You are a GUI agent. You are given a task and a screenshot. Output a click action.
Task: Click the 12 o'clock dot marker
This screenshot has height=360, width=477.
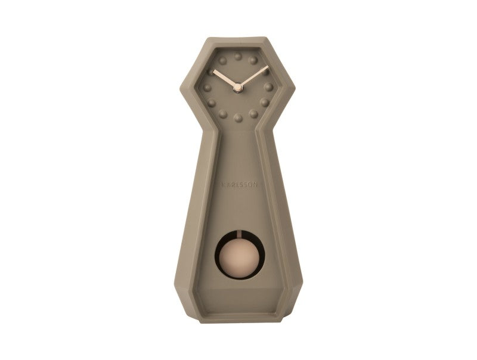[x=238, y=57]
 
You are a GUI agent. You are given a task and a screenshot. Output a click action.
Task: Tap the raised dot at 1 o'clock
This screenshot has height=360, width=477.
[x=253, y=61]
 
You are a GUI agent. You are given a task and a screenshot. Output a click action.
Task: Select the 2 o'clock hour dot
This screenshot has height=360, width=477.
[x=265, y=72]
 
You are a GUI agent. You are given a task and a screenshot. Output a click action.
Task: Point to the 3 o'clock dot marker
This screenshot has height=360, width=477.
[x=269, y=87]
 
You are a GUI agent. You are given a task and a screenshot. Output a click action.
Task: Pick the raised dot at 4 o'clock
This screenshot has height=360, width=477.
[x=265, y=102]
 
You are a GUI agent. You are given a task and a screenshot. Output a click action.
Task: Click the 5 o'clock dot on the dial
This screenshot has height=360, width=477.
[x=253, y=113]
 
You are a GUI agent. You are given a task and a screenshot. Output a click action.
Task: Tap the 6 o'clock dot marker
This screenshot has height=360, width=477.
[x=238, y=117]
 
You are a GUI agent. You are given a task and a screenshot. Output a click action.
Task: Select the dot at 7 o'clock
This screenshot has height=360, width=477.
[x=224, y=113]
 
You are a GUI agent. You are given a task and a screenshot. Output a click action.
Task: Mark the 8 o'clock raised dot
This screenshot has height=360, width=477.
[x=212, y=102]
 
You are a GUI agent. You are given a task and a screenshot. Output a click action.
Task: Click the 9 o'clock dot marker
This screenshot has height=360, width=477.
[x=208, y=87]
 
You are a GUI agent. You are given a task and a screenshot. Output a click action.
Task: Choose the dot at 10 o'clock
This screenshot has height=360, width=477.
[x=212, y=72]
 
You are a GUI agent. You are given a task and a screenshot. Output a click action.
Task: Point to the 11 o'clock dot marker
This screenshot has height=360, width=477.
[x=224, y=61]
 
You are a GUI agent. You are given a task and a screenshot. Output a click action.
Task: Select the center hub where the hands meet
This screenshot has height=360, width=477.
[x=238, y=88]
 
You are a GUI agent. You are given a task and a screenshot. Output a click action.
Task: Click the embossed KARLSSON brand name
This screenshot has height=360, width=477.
[x=238, y=185]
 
